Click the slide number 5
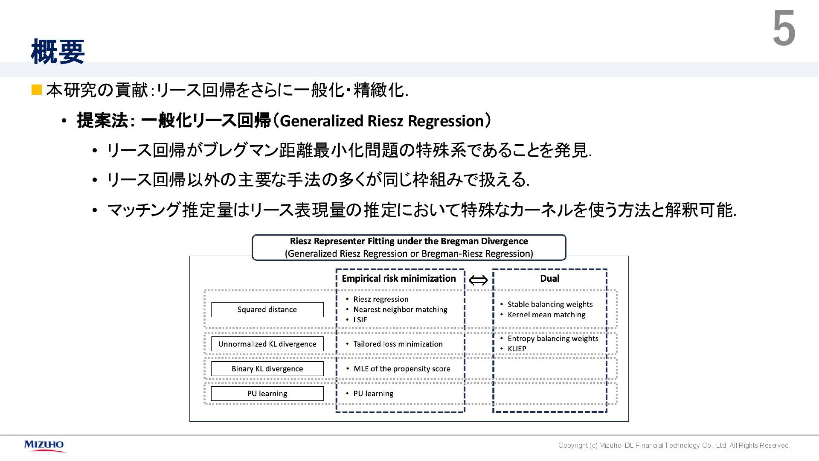click(x=784, y=29)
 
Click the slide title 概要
click(x=58, y=52)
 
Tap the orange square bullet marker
click(x=37, y=90)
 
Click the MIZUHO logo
click(x=44, y=445)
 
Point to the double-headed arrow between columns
click(x=478, y=280)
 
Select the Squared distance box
click(x=267, y=309)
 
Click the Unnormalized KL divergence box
click(x=267, y=344)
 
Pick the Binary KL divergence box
click(x=267, y=369)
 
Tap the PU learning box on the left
click(x=267, y=394)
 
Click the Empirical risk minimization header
click(x=398, y=279)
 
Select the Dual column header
click(x=549, y=279)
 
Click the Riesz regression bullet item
click(x=380, y=299)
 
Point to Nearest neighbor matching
click(x=400, y=309)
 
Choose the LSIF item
click(x=360, y=320)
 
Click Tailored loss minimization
click(x=398, y=344)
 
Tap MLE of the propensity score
click(x=401, y=369)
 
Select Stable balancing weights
click(x=550, y=304)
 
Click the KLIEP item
click(x=517, y=349)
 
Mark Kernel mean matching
click(x=546, y=315)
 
